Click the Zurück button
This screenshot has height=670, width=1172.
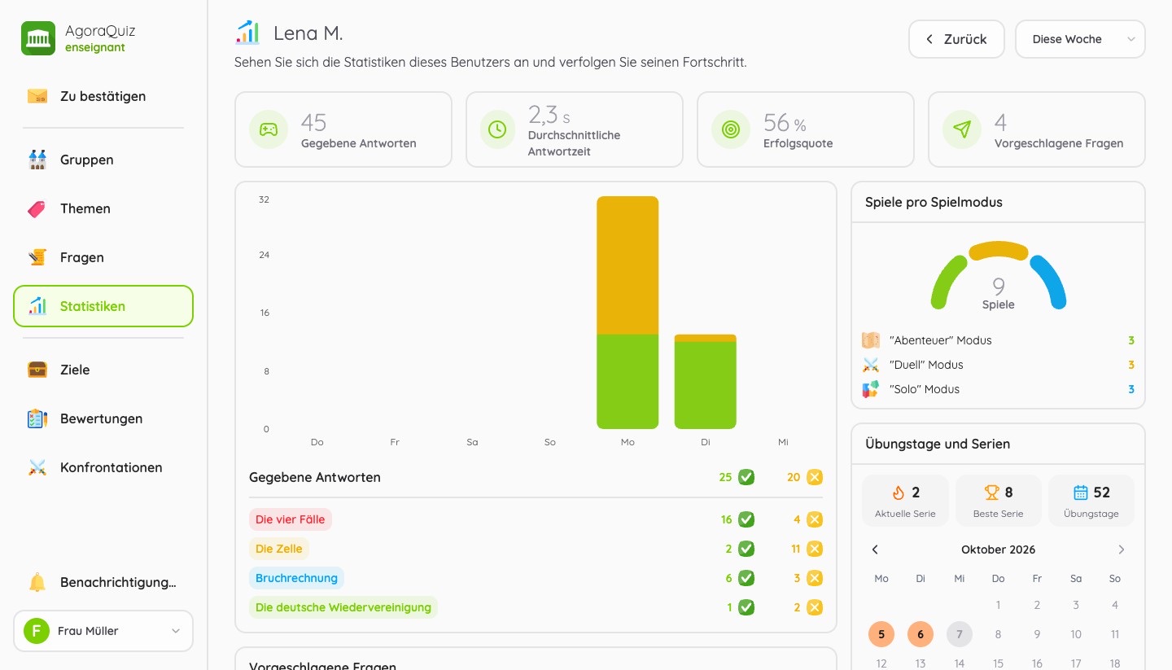tap(956, 39)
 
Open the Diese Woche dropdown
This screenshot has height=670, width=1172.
tap(1080, 39)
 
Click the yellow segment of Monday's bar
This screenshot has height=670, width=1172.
tap(628, 265)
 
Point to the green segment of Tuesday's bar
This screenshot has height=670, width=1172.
tap(706, 385)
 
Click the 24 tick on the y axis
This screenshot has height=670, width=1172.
tap(265, 255)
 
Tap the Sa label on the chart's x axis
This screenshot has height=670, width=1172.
tap(472, 442)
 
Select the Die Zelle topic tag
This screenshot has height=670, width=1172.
tap(279, 549)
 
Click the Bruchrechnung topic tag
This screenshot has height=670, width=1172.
tap(296, 578)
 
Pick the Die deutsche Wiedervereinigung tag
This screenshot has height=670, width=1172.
tap(343, 607)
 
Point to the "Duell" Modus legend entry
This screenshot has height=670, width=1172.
tap(926, 365)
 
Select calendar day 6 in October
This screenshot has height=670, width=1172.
tap(921, 634)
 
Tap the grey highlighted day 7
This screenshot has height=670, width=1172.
tap(959, 634)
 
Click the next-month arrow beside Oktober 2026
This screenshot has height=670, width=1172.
tap(1122, 550)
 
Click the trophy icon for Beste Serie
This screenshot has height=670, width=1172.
tap(991, 493)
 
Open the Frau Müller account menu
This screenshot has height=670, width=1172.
tap(103, 631)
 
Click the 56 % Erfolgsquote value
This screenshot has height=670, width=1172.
tap(785, 123)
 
